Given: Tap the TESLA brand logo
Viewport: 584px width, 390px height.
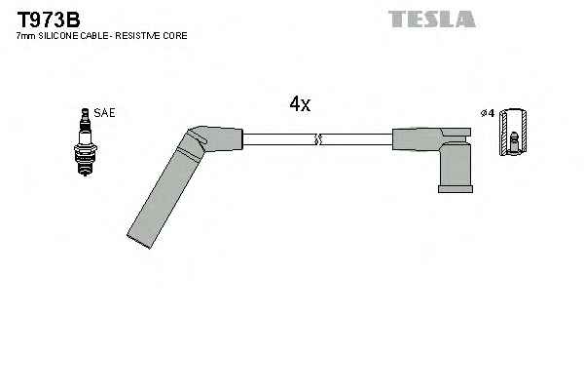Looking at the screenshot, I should click(431, 19).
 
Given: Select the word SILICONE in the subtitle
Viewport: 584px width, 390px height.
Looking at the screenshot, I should click(56, 36).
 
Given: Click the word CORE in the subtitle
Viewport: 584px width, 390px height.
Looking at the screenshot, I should click(175, 36).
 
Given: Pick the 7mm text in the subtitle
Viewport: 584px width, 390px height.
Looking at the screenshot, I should click(24, 36).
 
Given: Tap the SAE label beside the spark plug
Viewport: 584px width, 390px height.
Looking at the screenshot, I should click(104, 113).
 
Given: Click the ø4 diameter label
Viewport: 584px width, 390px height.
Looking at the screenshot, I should click(488, 114).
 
